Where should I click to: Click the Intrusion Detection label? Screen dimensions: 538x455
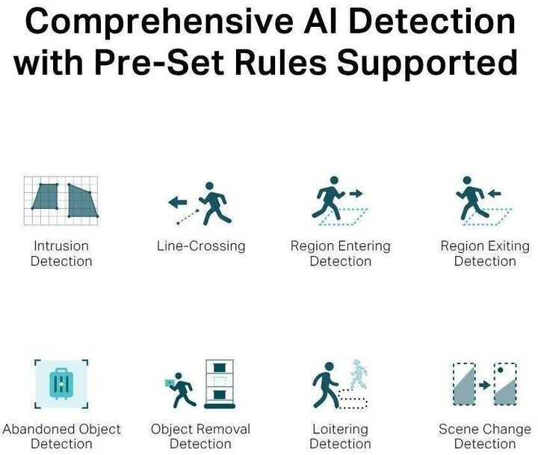click(61, 254)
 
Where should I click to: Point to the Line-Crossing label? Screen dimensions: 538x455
click(201, 246)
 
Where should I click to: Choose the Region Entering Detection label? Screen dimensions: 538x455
click(341, 254)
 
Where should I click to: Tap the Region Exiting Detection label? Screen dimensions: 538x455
click(485, 254)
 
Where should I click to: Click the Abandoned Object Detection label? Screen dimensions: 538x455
click(62, 436)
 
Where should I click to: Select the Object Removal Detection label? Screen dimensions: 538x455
click(201, 436)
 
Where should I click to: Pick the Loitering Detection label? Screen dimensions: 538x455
click(341, 436)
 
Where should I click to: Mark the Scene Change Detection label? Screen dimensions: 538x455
click(485, 436)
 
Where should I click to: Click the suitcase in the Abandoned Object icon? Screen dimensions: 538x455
click(61, 383)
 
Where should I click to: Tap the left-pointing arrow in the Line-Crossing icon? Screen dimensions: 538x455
click(178, 202)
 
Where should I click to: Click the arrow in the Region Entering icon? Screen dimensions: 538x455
click(356, 194)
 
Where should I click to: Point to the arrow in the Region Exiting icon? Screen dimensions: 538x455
click(495, 194)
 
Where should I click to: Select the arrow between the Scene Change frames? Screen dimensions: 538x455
click(485, 385)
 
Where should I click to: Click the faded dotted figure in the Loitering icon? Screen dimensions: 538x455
click(359, 375)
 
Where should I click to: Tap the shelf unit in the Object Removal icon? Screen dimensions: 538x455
click(220, 384)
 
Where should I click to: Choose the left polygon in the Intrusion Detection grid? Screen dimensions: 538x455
click(46, 196)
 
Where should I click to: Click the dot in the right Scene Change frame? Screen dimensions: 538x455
click(501, 370)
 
